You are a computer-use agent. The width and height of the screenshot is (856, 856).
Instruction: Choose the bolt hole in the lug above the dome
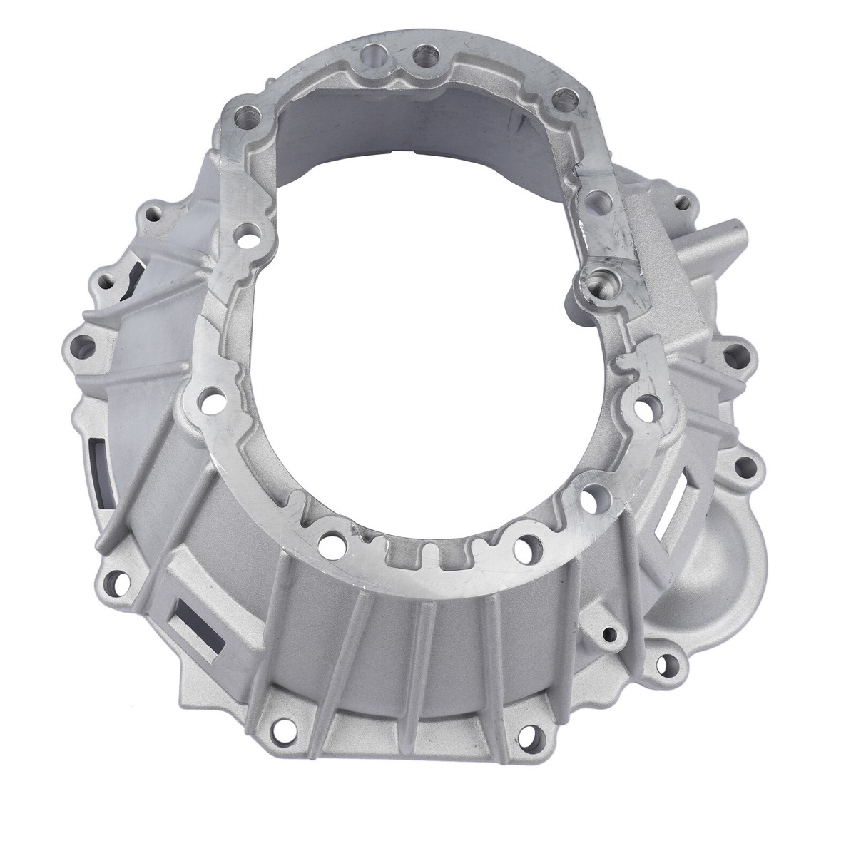(745, 467)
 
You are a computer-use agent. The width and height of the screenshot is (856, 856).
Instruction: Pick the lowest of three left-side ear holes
(83, 346)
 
